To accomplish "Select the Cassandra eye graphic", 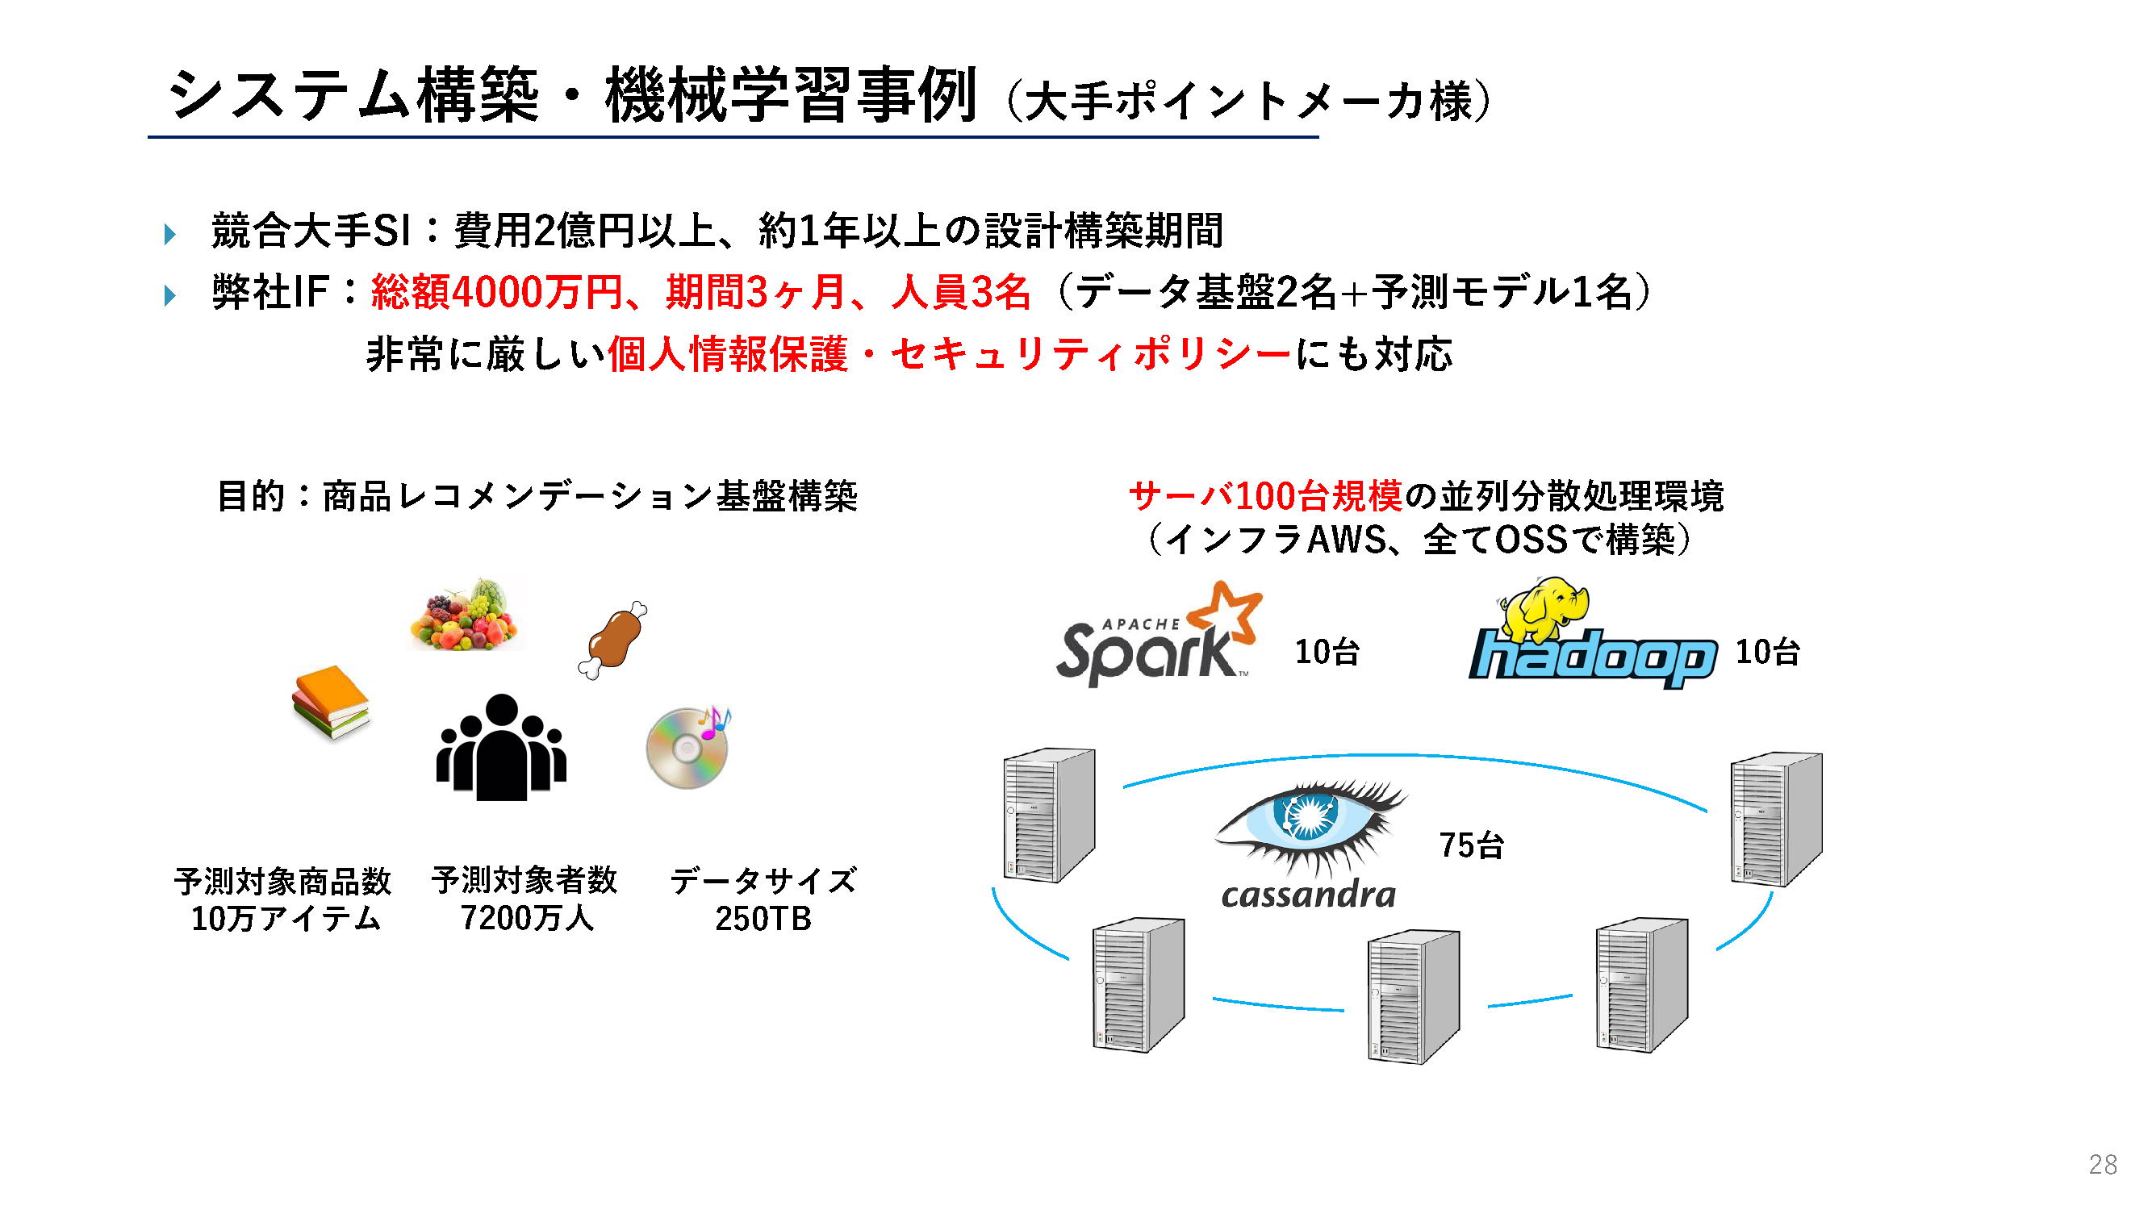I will (1310, 823).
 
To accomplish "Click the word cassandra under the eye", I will (1307, 895).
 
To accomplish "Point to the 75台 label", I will (1470, 845).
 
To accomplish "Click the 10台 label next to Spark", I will (1327, 652).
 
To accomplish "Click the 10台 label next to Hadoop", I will (1767, 652).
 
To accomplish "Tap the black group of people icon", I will (501, 749).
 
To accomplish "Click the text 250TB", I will (763, 919).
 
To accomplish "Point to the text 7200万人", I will (526, 918).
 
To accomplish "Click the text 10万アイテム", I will (286, 919).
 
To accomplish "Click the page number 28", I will (2102, 1164).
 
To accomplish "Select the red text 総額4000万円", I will (496, 292).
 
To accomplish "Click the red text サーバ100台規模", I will (1264, 496).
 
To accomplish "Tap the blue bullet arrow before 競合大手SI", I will (170, 234).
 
